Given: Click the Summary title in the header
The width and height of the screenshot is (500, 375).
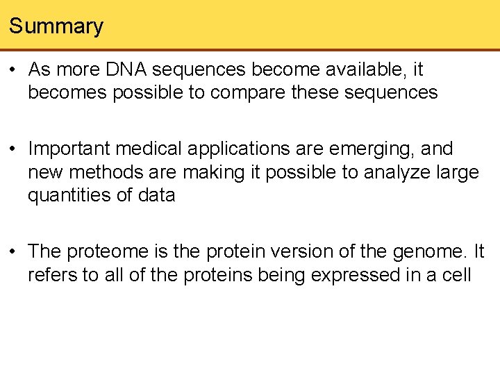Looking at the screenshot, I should click(56, 26).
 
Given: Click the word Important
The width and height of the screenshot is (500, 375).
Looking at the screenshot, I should click(70, 149).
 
